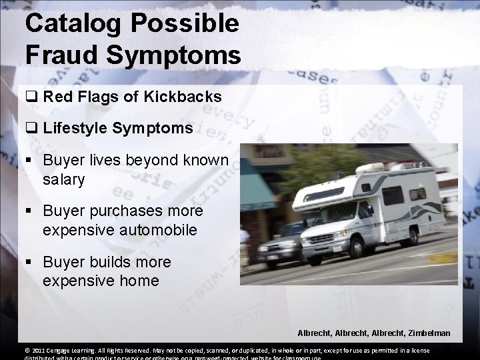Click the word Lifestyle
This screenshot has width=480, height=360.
75,127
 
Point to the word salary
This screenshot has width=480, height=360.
65,179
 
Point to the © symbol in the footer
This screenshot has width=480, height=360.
27,351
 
